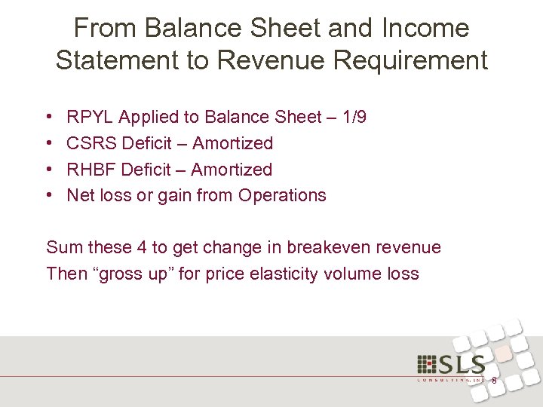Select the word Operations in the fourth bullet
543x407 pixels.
click(x=282, y=196)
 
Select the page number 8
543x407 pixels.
click(x=494, y=381)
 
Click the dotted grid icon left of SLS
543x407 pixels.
click(x=426, y=366)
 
